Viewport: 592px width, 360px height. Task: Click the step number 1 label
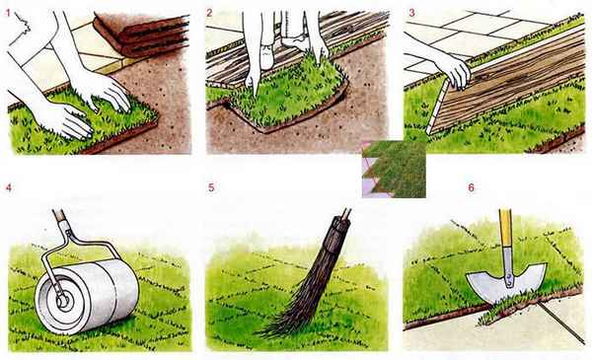pyautogui.click(x=8, y=13)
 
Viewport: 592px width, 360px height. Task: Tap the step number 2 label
pyautogui.click(x=209, y=13)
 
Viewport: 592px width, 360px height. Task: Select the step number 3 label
pyautogui.click(x=411, y=13)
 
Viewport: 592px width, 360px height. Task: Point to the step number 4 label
pyautogui.click(x=8, y=187)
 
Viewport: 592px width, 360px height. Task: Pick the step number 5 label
pyautogui.click(x=211, y=187)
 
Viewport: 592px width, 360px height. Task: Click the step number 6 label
pyautogui.click(x=471, y=187)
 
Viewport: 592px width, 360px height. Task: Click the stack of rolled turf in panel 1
pyautogui.click(x=141, y=34)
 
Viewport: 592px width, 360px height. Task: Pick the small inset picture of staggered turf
pyautogui.click(x=394, y=169)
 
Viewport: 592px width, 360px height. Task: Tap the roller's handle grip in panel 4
pyautogui.click(x=59, y=216)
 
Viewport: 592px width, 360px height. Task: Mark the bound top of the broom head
pyautogui.click(x=338, y=229)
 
